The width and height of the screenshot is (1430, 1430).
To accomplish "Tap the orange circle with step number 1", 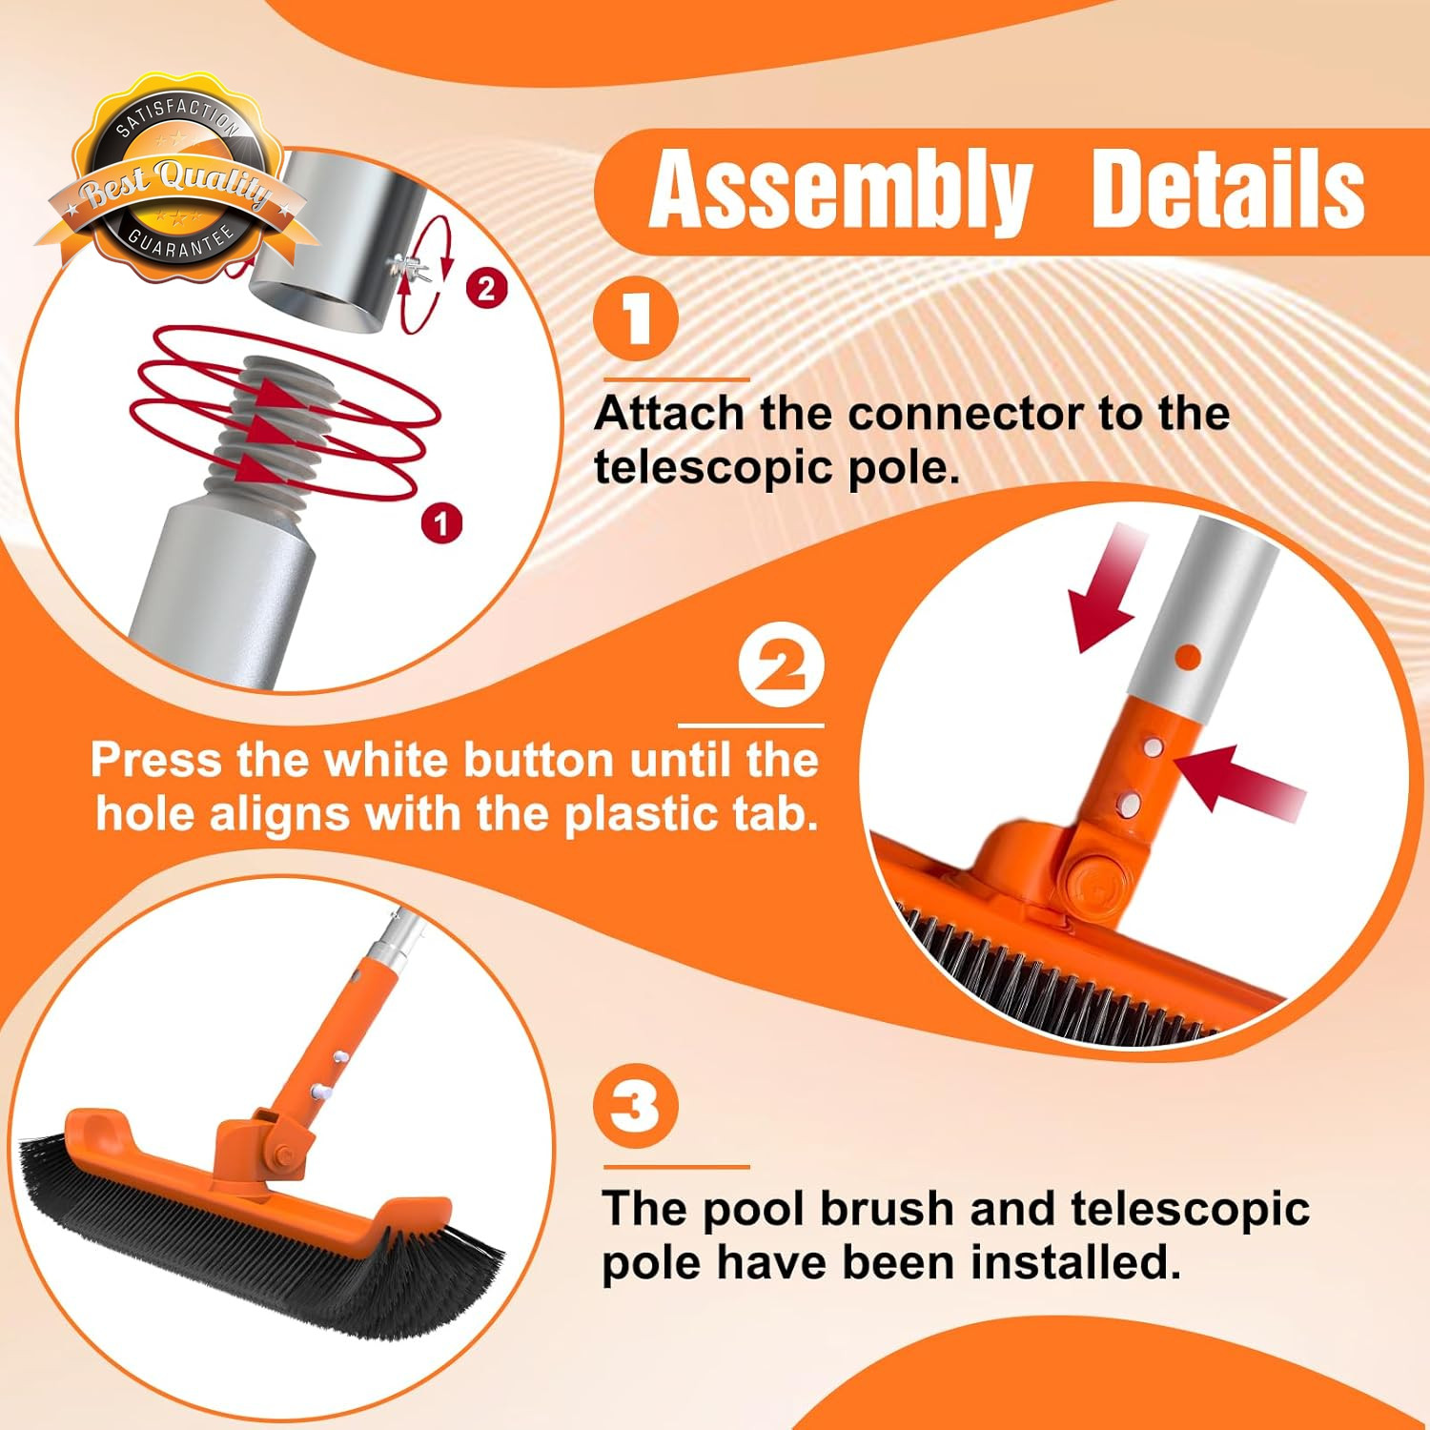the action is pos(636,319).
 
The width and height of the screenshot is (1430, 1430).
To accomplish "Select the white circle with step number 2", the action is pos(782,666).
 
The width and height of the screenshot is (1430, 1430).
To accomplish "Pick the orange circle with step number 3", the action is pos(636,1107).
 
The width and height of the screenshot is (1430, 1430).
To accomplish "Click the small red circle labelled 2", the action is pos(486,288).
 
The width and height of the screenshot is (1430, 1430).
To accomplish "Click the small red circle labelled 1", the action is pos(441,522).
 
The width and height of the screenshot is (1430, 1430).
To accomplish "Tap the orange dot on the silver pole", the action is pos(1188,656).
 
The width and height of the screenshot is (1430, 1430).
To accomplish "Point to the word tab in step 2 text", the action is pos(780,814).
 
